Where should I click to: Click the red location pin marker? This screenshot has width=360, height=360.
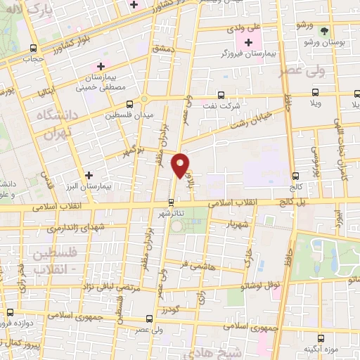coord(181,165)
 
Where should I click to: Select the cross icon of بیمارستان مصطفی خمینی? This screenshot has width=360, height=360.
coord(104,65)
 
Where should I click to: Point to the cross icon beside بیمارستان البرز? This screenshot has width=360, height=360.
coord(89,175)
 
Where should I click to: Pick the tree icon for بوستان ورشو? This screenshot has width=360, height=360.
coord(324,32)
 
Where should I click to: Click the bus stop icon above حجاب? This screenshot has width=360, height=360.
coord(34,48)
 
